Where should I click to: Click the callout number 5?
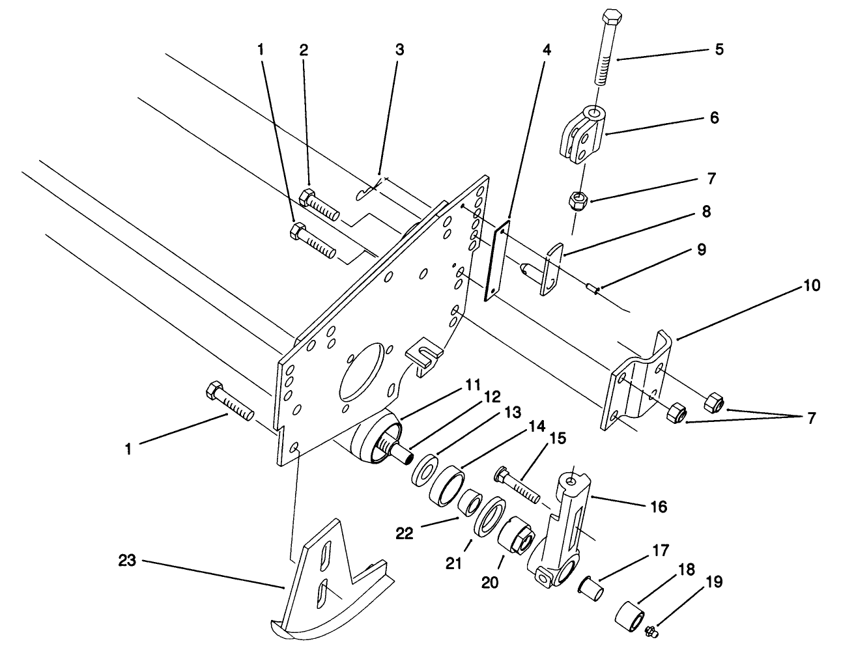[719, 49]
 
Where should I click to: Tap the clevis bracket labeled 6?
[583, 132]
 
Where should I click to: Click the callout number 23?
[127, 560]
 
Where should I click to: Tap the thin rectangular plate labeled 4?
[496, 260]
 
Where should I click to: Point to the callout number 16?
[659, 506]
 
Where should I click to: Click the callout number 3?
[399, 49]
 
